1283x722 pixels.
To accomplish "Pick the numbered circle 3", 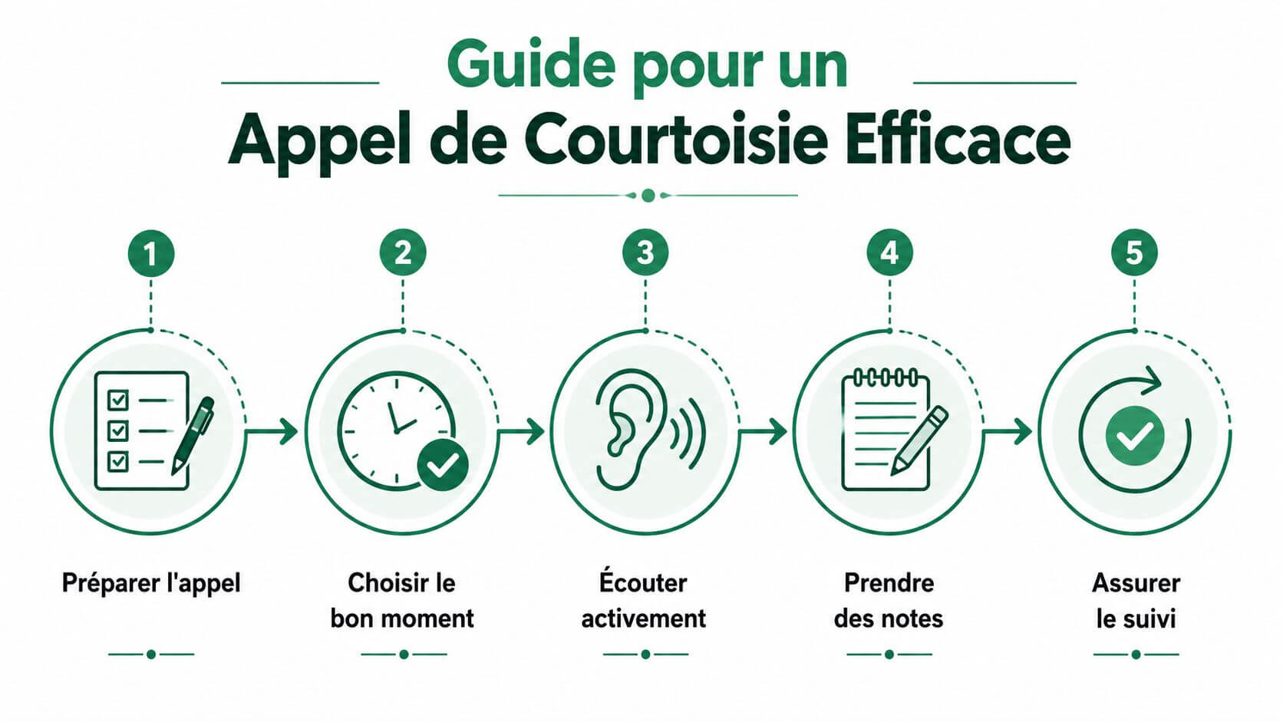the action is (645, 252).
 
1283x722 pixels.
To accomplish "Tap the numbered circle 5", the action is (1134, 252).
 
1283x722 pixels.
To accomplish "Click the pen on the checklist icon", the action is (193, 436).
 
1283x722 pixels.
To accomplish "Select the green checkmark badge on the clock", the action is (443, 465).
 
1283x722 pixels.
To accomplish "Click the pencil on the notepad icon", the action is (919, 440).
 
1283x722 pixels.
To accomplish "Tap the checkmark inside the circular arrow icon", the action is (1135, 436).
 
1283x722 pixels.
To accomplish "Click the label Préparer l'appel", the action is (151, 583).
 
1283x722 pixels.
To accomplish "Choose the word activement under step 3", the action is (644, 619).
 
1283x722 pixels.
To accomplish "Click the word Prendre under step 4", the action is (889, 583).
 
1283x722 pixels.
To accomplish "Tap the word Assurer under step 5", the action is (1136, 583).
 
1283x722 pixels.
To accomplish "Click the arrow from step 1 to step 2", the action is (272, 431).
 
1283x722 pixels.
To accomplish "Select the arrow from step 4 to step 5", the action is (1007, 431).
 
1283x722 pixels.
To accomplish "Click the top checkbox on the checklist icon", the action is (118, 400).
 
